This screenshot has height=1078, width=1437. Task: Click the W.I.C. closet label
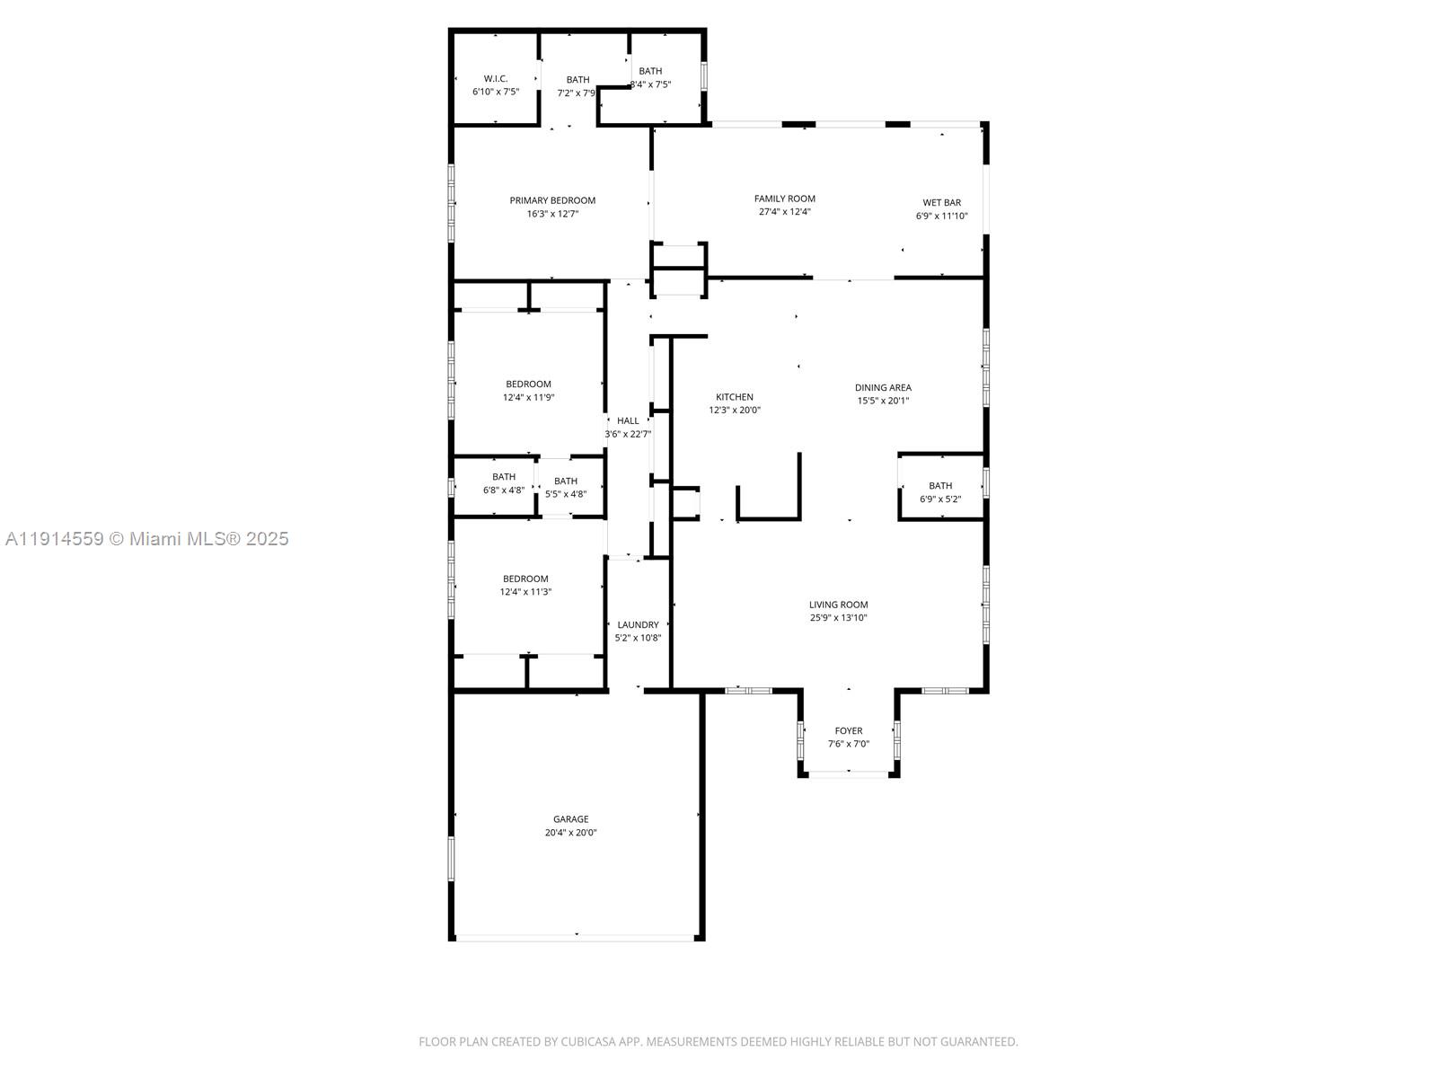[496, 79]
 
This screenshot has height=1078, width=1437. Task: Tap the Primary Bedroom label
[552, 200]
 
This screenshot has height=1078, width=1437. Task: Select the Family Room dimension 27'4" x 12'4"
[785, 212]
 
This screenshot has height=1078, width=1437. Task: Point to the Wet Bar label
[941, 203]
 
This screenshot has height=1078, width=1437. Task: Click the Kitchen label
[735, 397]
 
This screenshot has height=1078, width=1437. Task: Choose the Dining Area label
[883, 388]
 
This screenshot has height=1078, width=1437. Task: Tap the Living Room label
[838, 605]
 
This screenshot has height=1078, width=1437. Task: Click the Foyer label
[848, 731]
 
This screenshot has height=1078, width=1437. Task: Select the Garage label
[570, 819]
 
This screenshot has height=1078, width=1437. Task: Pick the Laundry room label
[638, 625]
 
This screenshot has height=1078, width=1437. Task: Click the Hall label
[628, 420]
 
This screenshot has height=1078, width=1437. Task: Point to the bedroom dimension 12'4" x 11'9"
[528, 397]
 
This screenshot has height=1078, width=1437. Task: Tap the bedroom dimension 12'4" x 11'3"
[525, 592]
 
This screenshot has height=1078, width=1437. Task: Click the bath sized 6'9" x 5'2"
[940, 492]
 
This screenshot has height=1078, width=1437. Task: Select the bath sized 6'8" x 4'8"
[504, 483]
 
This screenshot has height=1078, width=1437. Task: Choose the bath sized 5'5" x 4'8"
[566, 488]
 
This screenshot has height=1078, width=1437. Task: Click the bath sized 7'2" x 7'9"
[577, 86]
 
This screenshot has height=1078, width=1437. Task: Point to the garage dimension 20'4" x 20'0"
[570, 833]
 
